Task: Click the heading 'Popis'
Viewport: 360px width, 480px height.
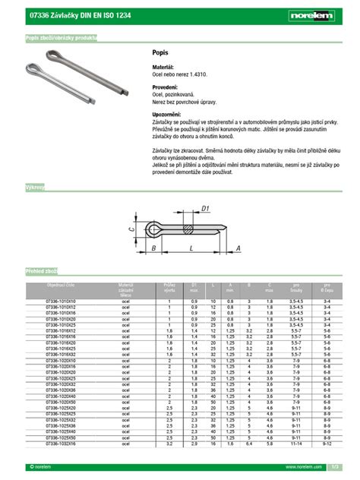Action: (159, 53)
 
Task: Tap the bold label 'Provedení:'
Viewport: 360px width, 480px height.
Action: (166, 87)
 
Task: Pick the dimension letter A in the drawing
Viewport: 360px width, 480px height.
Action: (238, 248)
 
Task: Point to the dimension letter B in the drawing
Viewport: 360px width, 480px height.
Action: (153, 248)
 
